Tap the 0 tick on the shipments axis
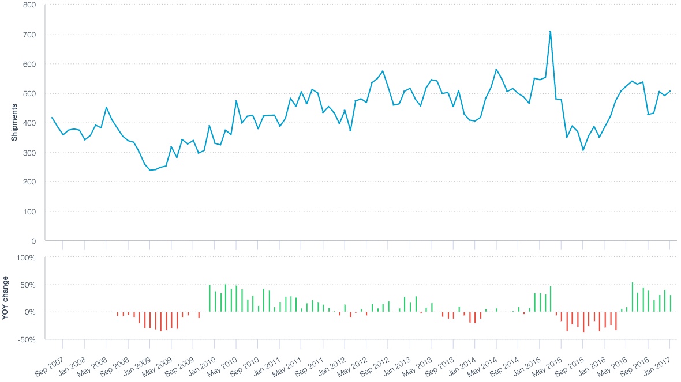coord(33,241)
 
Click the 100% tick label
coord(27,257)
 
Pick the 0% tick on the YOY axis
coord(30,312)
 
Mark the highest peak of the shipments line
coord(551,32)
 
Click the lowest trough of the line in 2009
coord(150,170)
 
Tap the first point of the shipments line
coord(52,118)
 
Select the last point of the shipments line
coord(670,91)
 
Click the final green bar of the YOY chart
coord(671,303)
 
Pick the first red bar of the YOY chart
coord(118,314)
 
